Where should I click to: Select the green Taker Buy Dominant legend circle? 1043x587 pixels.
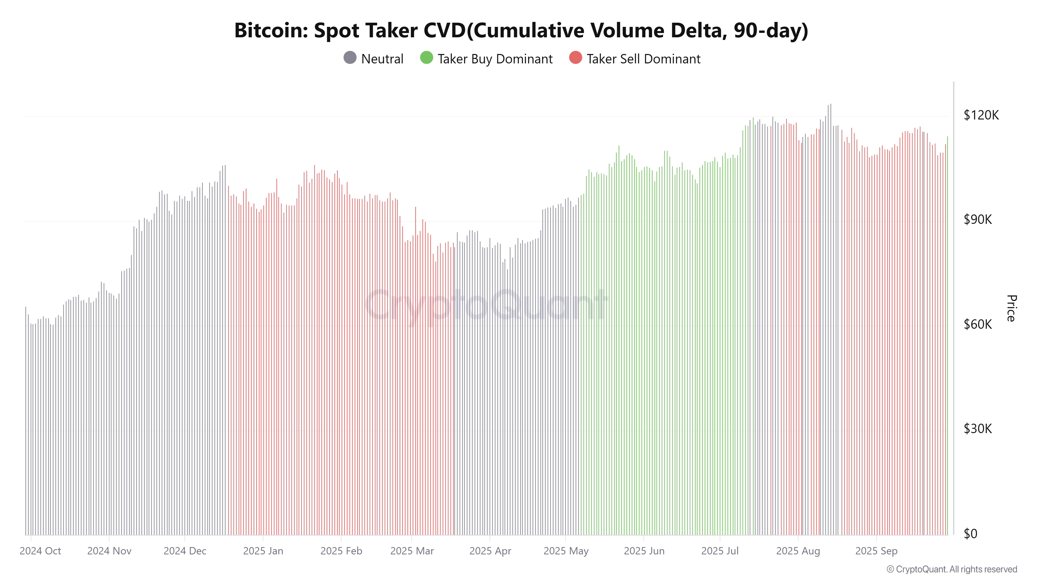click(426, 58)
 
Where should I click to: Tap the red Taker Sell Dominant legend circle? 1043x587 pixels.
click(575, 58)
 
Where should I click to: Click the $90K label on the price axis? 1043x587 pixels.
click(977, 220)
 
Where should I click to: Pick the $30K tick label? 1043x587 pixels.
click(977, 429)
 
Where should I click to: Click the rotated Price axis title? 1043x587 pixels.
click(1011, 308)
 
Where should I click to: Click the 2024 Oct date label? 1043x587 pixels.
click(40, 551)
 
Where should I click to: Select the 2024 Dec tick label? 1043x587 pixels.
click(185, 551)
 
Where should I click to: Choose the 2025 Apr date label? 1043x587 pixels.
click(490, 551)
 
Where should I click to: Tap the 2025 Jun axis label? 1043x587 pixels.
click(644, 551)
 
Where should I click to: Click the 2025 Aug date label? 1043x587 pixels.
click(798, 551)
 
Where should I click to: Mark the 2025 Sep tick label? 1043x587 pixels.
click(876, 551)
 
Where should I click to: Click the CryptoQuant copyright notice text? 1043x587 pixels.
click(951, 569)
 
